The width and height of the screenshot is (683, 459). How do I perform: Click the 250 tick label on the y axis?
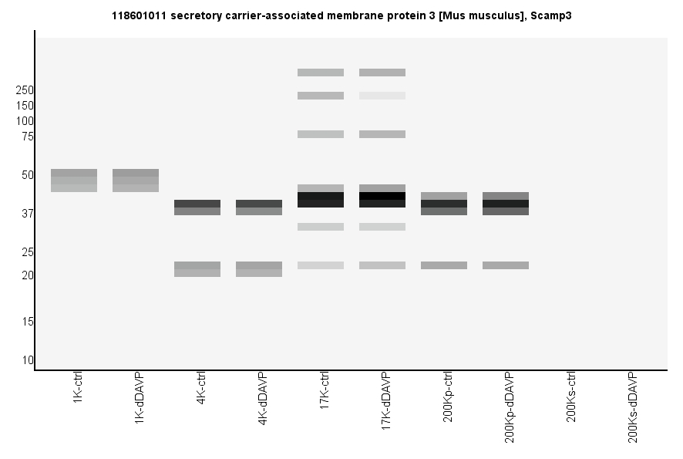point(25,90)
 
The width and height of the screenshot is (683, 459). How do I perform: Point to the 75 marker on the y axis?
point(28,137)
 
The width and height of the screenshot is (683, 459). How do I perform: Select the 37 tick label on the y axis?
point(28,214)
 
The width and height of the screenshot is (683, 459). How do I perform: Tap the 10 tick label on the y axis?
point(28,360)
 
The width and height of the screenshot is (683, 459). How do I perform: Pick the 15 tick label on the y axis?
point(28,322)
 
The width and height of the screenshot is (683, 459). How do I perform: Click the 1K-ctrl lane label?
point(79,390)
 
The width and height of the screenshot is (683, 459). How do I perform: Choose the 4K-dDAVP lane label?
point(263,400)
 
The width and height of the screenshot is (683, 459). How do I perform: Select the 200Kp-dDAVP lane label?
point(510,407)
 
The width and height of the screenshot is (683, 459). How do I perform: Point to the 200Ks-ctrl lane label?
point(571,397)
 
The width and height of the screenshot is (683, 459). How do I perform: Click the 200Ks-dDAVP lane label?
point(633,407)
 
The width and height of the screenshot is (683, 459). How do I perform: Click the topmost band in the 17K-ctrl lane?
point(321,73)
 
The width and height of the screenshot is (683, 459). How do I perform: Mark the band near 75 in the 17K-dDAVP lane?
point(382,134)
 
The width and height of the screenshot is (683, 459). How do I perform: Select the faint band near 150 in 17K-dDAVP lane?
point(382,96)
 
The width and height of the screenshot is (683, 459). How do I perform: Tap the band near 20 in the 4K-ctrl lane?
point(197,269)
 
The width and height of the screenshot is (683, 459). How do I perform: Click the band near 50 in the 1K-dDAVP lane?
point(136,181)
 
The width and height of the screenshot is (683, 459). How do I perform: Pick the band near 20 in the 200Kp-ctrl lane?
point(444,265)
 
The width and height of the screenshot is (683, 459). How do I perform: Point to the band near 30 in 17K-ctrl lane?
point(321,227)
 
